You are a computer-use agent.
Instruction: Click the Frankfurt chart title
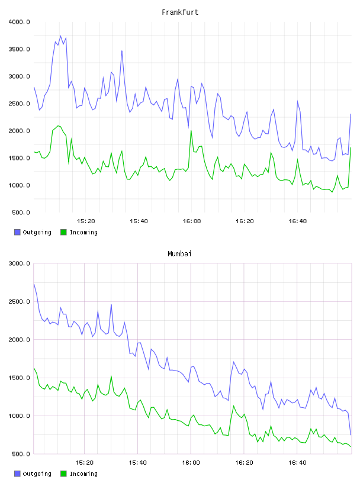(180, 12)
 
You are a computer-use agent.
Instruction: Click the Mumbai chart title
(179, 254)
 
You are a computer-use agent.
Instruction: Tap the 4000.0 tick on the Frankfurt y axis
(19, 22)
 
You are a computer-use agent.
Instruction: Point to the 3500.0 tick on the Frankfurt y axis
(19, 49)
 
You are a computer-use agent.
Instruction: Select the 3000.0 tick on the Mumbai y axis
(19, 263)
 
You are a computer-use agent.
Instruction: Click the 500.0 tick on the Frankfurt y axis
(21, 212)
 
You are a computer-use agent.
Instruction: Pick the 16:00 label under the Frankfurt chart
(192, 221)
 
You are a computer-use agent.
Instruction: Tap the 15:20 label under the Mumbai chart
(85, 463)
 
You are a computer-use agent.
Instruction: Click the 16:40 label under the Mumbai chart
(297, 463)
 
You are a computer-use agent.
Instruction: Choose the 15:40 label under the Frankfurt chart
(139, 221)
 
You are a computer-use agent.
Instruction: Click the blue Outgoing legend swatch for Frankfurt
(17, 232)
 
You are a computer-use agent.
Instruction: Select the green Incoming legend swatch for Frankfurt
(63, 232)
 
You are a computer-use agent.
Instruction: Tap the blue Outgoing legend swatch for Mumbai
(17, 474)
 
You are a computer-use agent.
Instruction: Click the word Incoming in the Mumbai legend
(83, 474)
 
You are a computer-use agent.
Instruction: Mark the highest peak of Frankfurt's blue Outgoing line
(60, 36)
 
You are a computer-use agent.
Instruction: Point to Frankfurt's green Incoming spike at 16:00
(191, 131)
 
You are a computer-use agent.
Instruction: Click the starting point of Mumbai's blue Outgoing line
(34, 284)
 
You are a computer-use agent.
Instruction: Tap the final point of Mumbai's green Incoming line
(351, 447)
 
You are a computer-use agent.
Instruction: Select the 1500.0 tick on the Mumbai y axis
(19, 378)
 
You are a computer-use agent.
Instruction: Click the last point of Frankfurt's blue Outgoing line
(351, 114)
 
